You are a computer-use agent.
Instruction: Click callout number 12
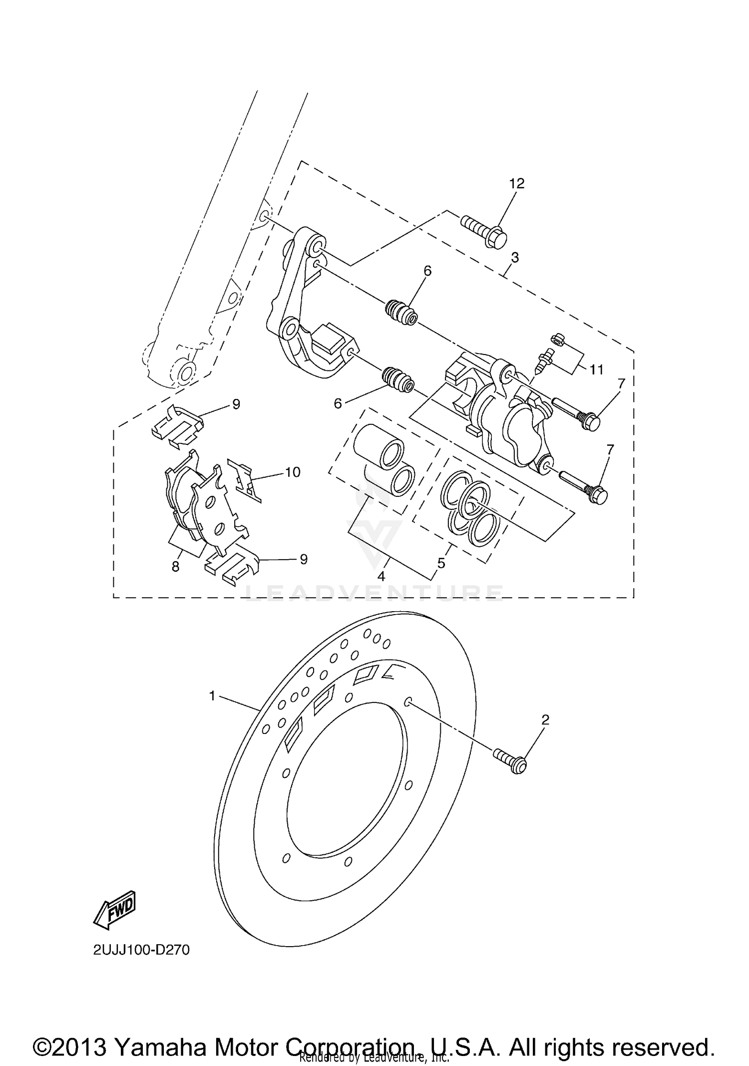517,184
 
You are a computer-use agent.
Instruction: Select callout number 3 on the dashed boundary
515,258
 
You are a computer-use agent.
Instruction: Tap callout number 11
596,369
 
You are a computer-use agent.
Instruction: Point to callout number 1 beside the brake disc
212,696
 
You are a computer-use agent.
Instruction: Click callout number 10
293,472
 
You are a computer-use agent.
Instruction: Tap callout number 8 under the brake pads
175,567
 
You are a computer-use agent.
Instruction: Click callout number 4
381,576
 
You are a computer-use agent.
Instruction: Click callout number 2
545,719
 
